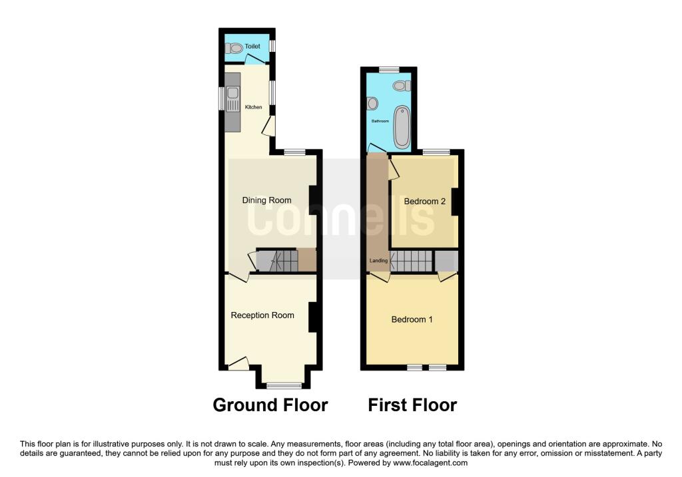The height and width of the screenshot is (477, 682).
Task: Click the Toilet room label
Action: pos(252,46)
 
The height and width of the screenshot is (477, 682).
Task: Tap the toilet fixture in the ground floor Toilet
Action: pos(234,48)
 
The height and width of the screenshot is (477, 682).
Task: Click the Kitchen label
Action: pos(254,107)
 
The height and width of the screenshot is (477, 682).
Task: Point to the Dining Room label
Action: pos(266,200)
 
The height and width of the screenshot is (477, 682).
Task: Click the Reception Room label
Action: pos(262,315)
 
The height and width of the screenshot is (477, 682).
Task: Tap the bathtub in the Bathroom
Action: pos(402,126)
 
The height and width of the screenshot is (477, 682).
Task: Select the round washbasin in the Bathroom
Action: pos(372,103)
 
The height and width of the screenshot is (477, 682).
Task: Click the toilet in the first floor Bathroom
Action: pos(402,86)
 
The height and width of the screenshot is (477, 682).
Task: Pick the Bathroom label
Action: pos(380,121)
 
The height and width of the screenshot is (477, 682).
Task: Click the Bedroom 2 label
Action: pos(424,202)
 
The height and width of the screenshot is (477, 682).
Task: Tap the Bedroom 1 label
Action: pos(412,320)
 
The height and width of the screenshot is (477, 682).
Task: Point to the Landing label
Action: pos(378,261)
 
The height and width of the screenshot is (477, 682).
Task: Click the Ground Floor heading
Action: pos(270,405)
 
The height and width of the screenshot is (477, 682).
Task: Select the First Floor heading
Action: pos(412,405)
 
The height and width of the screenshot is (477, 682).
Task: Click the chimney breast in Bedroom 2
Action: pos(455,202)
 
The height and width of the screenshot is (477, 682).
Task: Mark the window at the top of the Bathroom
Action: pos(389,69)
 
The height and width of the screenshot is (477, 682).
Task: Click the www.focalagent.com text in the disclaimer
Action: pos(430,463)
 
